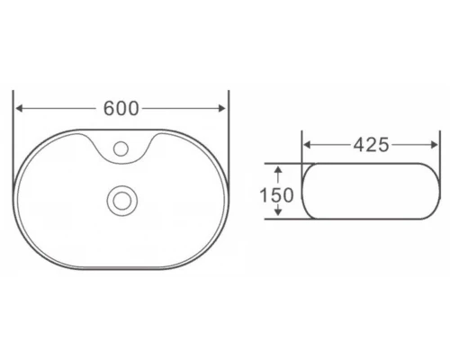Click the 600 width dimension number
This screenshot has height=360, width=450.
pos(121,109)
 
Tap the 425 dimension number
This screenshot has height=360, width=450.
pos(371,145)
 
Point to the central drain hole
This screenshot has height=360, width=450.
pos(121,199)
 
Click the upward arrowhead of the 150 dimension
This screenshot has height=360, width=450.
pos(280,167)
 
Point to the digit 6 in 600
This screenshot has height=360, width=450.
pos(110,109)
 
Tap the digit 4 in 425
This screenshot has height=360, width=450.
pos(358,145)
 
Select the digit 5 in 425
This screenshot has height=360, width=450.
pos(383,145)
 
